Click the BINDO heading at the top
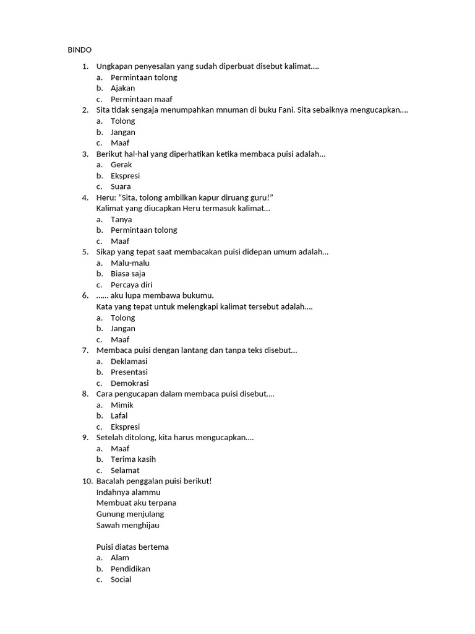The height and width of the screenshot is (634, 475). click(79, 50)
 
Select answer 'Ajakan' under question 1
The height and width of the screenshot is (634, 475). click(122, 88)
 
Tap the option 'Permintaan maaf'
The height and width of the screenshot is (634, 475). click(141, 99)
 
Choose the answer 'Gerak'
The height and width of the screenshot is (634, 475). click(122, 165)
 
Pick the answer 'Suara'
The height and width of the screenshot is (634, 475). click(121, 186)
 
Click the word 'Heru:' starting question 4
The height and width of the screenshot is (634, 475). click(106, 198)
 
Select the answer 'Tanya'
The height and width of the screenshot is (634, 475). click(121, 219)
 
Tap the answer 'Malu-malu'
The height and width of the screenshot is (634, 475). click(130, 263)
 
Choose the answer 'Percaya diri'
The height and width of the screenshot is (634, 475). click(131, 285)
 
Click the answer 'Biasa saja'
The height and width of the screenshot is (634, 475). click(128, 274)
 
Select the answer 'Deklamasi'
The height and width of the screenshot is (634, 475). click(129, 361)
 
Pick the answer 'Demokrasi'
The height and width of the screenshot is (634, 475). click(129, 383)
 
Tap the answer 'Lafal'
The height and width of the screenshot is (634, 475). click(119, 415)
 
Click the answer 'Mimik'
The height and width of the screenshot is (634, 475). click(122, 405)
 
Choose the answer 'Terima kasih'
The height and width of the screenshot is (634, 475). click(133, 459)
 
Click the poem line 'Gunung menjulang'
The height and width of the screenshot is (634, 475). click(130, 514)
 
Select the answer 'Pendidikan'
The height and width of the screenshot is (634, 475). click(130, 568)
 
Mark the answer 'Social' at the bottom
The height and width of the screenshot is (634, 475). click(121, 580)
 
